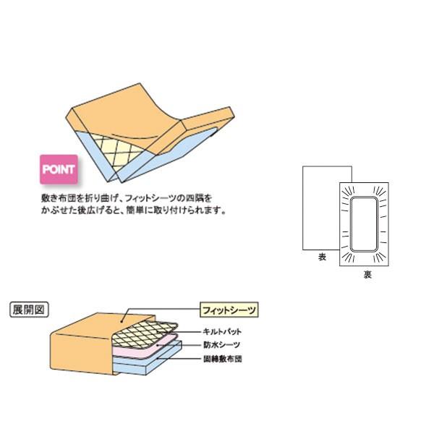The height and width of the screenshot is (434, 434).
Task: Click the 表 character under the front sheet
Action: click(321, 258)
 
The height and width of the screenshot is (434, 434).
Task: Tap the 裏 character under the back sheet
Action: click(367, 276)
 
